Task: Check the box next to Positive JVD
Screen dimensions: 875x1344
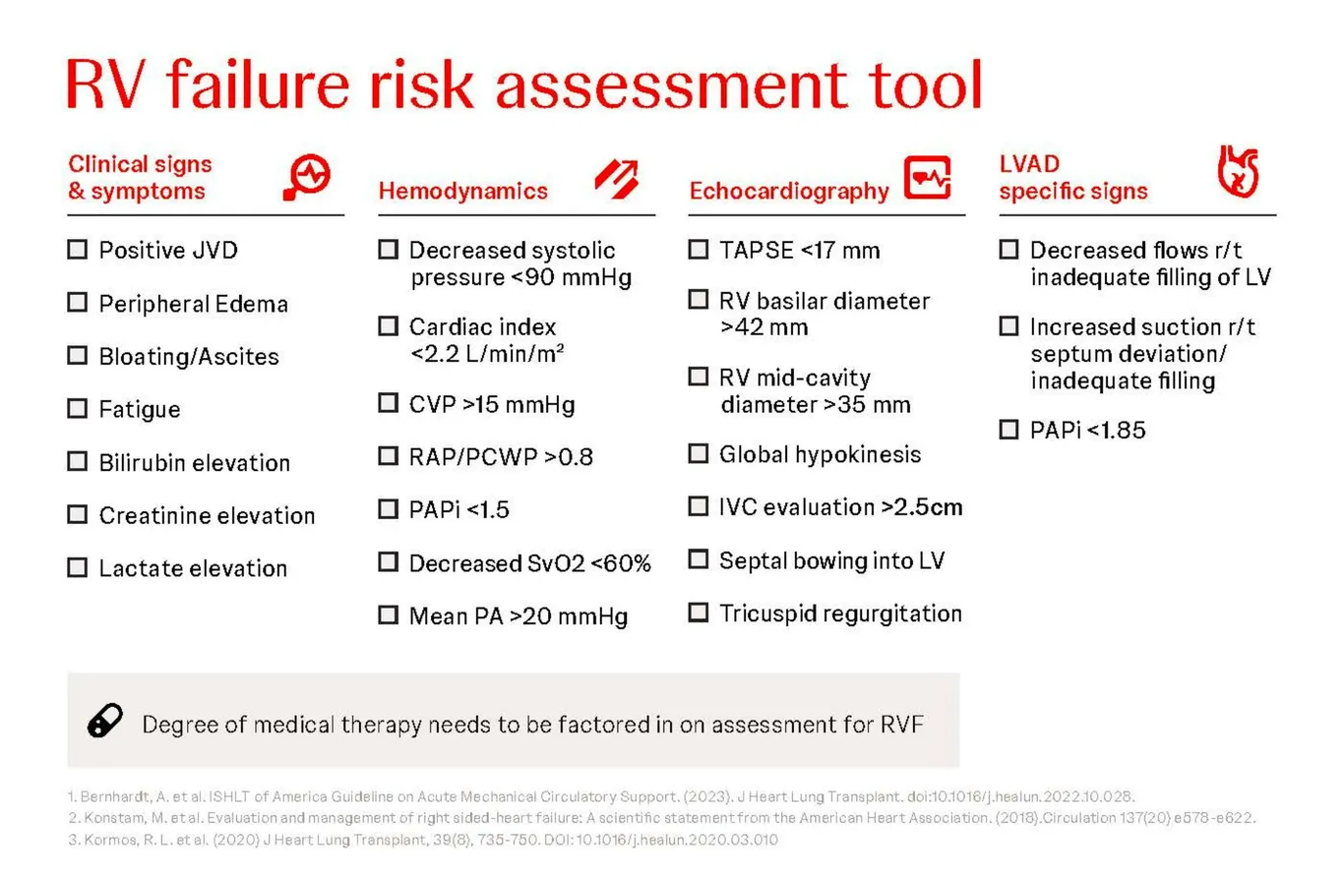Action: pyautogui.click(x=77, y=250)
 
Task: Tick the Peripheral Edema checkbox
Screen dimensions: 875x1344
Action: pyautogui.click(x=77, y=303)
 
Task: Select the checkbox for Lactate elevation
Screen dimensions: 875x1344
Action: pyautogui.click(x=77, y=567)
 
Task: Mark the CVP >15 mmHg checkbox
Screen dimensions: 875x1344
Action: pyautogui.click(x=388, y=403)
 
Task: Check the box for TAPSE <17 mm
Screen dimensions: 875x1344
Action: pyautogui.click(x=698, y=250)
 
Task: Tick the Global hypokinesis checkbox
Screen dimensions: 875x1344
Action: pyautogui.click(x=698, y=453)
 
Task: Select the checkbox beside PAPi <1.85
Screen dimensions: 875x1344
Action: pyautogui.click(x=1008, y=430)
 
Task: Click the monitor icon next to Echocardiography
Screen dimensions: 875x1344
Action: pyautogui.click(x=927, y=178)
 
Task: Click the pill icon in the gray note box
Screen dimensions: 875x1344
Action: pyautogui.click(x=105, y=721)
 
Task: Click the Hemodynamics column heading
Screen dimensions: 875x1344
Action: pyautogui.click(x=462, y=191)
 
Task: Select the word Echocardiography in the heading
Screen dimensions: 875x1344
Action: pyautogui.click(x=788, y=191)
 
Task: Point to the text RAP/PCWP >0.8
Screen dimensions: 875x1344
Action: pyautogui.click(x=501, y=456)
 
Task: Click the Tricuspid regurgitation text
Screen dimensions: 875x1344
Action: pyautogui.click(x=840, y=613)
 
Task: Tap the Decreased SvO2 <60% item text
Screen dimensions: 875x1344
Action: pyautogui.click(x=529, y=562)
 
